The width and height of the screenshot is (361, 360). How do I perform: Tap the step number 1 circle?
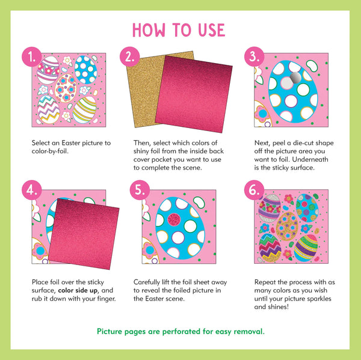tap(31, 58)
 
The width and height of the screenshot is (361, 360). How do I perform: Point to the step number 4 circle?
tap(31, 191)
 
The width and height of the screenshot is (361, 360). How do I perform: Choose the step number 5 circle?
tap(140, 191)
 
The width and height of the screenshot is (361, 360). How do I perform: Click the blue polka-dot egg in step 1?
tap(86, 70)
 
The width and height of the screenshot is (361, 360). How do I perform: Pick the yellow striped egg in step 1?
tap(85, 110)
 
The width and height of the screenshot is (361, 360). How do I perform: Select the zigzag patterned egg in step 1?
tap(49, 109)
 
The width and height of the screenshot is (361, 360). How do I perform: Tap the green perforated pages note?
tap(180, 331)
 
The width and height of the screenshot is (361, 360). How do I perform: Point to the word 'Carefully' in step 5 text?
tap(149, 281)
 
